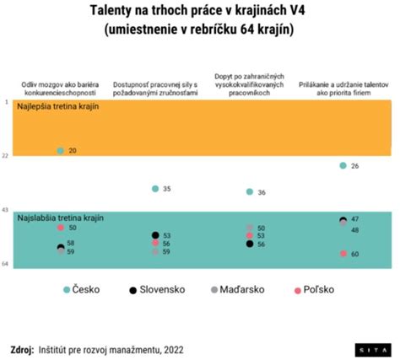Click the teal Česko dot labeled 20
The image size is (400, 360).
[60, 150]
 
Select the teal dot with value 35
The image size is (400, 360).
[154, 189]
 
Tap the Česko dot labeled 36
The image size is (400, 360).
[249, 192]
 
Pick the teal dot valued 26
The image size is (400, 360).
[343, 165]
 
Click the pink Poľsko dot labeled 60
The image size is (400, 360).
[343, 254]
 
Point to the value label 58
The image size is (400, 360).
[72, 243]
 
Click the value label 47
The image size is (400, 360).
[354, 219]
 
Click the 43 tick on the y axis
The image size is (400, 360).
[6, 209]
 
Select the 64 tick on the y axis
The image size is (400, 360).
[6, 264]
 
